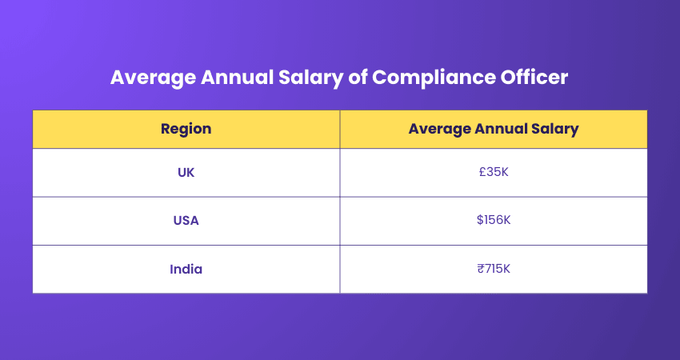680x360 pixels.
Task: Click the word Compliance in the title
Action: (422, 78)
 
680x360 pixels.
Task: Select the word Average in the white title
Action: (146, 78)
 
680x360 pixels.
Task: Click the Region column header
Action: (186, 129)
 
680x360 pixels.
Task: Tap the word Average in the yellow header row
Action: (436, 129)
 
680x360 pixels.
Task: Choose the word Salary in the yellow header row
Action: (552, 129)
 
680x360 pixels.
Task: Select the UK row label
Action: (186, 172)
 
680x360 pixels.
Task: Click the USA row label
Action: (186, 221)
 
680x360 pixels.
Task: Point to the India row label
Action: (186, 269)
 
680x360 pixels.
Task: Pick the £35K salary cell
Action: (493, 172)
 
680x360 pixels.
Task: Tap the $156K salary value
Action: (493, 220)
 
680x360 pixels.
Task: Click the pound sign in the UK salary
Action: (482, 172)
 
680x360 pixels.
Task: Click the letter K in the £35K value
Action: (504, 172)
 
